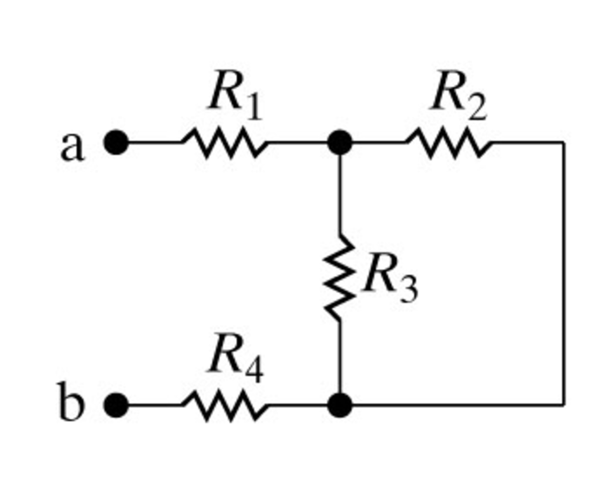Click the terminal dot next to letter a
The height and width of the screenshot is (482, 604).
coord(116,142)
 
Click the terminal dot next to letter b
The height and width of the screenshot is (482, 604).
coord(116,405)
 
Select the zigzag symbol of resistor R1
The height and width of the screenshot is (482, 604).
coord(225,142)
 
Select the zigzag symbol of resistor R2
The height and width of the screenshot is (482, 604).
coord(447,142)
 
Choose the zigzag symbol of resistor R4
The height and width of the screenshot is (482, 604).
coord(225,405)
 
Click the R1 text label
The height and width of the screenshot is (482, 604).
coord(234,95)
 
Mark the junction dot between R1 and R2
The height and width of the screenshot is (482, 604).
coord(339,142)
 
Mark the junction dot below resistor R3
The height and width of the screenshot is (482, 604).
coord(339,405)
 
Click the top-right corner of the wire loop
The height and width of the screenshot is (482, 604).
coord(563,142)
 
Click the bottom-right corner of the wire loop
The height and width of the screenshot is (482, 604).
coord(563,405)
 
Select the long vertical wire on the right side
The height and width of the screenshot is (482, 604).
coord(563,274)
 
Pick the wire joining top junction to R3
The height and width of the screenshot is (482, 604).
coord(339,191)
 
